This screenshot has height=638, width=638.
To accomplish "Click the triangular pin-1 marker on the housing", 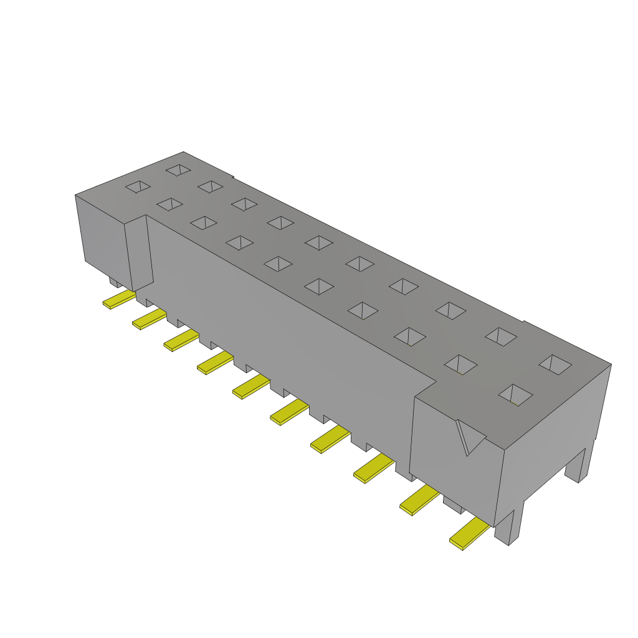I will (x=469, y=436).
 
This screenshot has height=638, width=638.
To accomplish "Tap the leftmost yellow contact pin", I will (x=118, y=300).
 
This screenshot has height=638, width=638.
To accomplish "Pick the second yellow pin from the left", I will (x=149, y=320).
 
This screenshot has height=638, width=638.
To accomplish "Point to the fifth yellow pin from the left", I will (x=251, y=386).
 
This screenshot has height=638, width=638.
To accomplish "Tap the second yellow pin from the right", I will (x=419, y=500).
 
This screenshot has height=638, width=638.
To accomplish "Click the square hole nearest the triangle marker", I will (x=515, y=394).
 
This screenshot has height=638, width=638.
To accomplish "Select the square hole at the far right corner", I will (x=555, y=364).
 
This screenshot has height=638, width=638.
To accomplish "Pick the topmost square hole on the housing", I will (x=178, y=169).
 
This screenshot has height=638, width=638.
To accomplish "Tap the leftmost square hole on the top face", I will (x=138, y=186).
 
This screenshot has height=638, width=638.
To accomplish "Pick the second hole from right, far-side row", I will (x=501, y=336).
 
